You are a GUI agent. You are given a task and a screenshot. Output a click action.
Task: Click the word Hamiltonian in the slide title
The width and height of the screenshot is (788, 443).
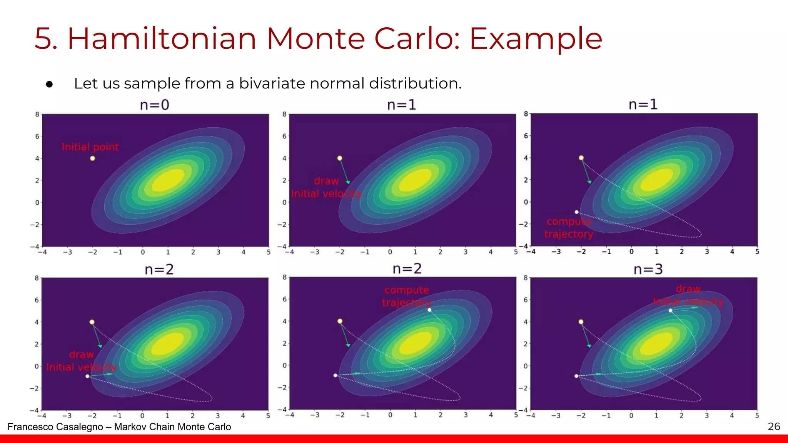[162, 38]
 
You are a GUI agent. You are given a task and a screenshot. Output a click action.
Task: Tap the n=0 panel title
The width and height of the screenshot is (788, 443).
[154, 105]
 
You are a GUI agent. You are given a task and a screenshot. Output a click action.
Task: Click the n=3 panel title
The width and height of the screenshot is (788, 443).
[648, 269]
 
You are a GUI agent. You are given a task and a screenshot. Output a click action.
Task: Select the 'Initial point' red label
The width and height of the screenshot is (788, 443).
[90, 147]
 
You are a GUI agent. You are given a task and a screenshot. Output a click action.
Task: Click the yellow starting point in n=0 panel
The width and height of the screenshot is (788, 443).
[92, 158]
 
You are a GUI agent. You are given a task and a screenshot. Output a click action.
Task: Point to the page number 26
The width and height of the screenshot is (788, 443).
[774, 426]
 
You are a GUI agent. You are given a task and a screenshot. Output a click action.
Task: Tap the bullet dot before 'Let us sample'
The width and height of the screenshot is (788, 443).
[49, 84]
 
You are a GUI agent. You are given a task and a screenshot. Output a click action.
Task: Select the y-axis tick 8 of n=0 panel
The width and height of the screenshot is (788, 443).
[37, 114]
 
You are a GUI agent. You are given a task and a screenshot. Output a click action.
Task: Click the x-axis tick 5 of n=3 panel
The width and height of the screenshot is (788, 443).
[757, 416]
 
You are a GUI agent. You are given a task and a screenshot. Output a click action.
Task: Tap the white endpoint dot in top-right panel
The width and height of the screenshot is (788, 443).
[576, 212]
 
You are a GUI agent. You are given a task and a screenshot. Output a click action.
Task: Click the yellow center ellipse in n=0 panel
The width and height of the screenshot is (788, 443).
[168, 180]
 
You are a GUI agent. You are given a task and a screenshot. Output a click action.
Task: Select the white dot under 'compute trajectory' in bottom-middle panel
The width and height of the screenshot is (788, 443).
[429, 310]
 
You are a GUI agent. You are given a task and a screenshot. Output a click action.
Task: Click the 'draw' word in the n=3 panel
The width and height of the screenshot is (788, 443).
[688, 289]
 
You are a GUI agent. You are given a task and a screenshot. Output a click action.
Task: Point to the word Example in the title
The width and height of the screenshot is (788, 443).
[536, 38]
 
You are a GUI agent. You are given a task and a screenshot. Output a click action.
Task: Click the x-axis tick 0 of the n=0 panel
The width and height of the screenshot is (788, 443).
[143, 252]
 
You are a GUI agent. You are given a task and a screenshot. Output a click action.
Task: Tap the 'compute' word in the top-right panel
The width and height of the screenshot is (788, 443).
[568, 221]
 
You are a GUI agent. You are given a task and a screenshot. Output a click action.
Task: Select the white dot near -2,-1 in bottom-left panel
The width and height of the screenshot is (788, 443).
[87, 376]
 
